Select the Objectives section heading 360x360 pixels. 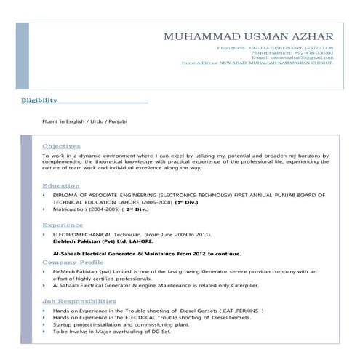coord(62,146)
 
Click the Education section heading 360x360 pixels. coord(61,186)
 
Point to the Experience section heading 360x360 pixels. coord(63,225)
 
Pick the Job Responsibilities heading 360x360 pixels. coord(79,300)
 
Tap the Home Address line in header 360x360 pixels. coord(258,63)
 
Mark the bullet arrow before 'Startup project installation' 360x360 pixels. coord(44,324)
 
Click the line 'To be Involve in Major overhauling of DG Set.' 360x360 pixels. coord(110,331)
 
